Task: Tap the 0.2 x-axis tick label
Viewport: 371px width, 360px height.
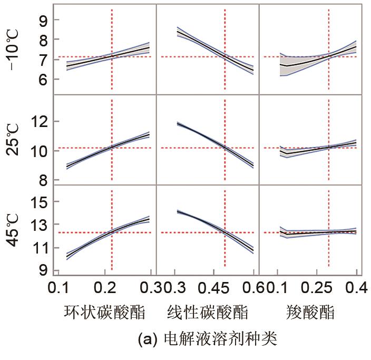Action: click(112, 287)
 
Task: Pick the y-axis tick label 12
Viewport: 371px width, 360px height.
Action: click(41, 121)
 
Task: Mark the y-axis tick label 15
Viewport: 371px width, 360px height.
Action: click(41, 202)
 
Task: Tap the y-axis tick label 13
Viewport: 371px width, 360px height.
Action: click(41, 225)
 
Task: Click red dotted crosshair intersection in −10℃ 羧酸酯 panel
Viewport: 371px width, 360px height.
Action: click(329, 56)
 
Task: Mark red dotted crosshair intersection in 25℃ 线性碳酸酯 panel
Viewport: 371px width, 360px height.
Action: click(225, 148)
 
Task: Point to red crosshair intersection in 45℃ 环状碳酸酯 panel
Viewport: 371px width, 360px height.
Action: click(112, 232)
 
